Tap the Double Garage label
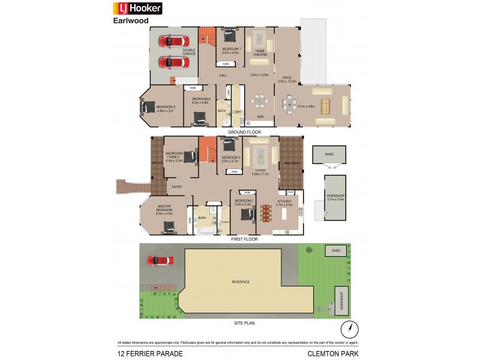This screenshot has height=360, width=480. [x=190, y=52]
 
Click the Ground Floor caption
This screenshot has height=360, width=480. [x=244, y=131]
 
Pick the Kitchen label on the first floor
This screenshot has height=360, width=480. [x=284, y=202]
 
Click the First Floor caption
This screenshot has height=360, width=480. [x=244, y=239]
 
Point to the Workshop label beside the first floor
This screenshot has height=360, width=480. [x=336, y=197]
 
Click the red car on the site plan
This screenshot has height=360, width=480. [x=160, y=261]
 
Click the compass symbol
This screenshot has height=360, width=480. [x=349, y=329]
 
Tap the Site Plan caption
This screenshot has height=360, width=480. [x=244, y=323]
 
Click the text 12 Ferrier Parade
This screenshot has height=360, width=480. [x=150, y=353]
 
